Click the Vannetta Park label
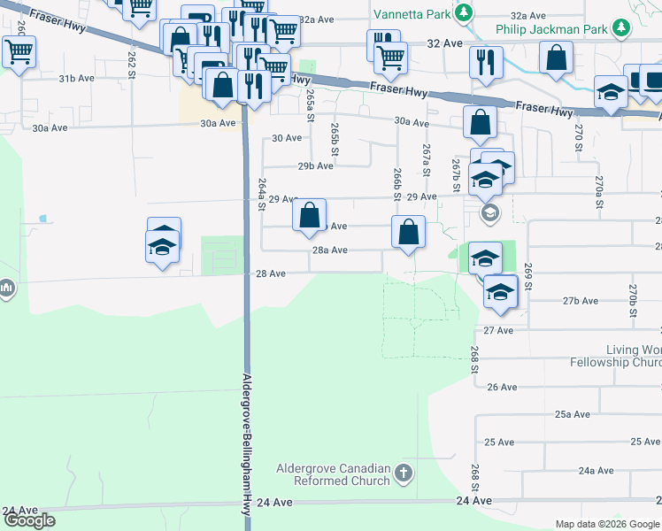coord(411,14)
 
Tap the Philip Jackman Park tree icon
coord(623,29)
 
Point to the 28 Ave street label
coord(270,274)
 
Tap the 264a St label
coord(262,194)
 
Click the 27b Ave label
coord(581,301)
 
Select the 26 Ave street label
coord(502,387)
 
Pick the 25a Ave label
coord(572,414)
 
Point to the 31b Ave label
coord(76,79)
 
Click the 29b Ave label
coord(316,165)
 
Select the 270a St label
coord(599,191)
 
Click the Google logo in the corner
coord(29,520)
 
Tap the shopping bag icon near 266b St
coord(408,234)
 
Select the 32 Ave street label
coord(444,43)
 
